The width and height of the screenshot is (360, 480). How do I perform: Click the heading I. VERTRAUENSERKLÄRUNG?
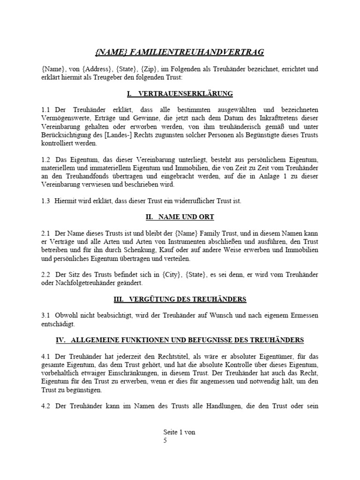[180, 94]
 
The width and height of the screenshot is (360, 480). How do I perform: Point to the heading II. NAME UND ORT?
[180, 217]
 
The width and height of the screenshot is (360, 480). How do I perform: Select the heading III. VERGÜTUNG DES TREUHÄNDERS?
[180, 299]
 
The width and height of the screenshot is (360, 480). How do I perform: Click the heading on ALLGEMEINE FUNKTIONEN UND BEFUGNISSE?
[180, 340]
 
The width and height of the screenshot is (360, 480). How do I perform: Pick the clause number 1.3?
[46, 201]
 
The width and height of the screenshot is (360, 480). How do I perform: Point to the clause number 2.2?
[46, 275]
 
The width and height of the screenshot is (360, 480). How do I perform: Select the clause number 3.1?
[46, 315]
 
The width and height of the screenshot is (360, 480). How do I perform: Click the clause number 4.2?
[46, 406]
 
